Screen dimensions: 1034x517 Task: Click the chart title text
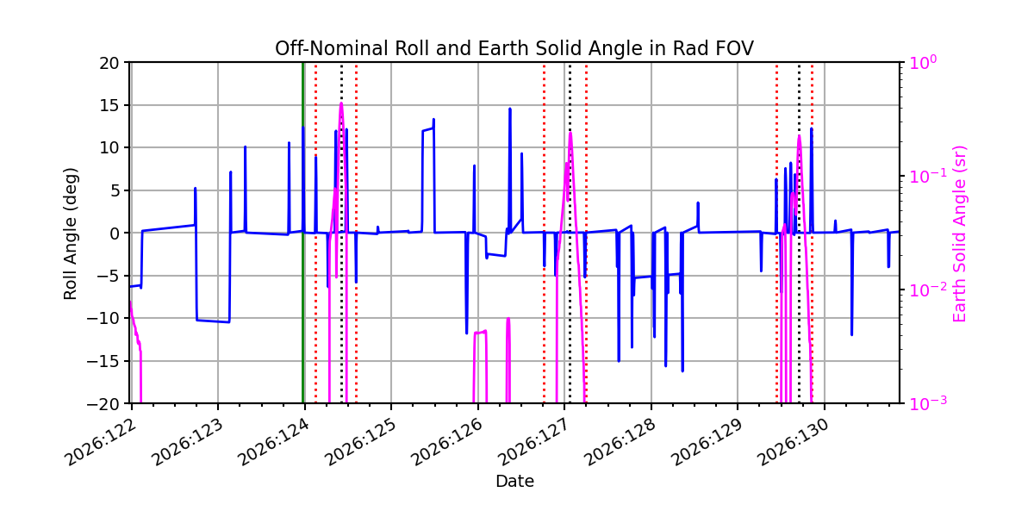(514, 48)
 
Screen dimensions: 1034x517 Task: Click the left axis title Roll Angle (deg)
(70, 234)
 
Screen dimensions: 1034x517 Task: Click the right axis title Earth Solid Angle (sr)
(959, 234)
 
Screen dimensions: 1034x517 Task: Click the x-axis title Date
(514, 482)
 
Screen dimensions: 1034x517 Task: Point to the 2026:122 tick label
(102, 443)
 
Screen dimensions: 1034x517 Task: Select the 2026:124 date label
(275, 443)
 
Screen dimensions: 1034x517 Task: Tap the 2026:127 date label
(534, 443)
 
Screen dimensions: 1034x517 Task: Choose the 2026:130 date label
(794, 443)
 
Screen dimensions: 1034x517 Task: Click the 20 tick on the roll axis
(109, 63)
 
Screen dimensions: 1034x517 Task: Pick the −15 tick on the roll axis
(103, 361)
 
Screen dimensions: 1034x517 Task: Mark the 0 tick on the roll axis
(115, 234)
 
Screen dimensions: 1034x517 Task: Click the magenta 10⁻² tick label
(928, 289)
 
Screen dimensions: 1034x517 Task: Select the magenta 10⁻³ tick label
(928, 402)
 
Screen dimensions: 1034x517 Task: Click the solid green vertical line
(302, 233)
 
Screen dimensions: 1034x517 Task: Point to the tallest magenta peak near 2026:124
(341, 103)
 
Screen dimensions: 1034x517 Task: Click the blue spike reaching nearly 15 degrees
(509, 109)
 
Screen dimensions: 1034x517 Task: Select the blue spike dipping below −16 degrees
(682, 371)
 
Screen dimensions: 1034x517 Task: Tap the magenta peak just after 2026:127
(570, 134)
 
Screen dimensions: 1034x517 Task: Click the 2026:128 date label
(621, 443)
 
